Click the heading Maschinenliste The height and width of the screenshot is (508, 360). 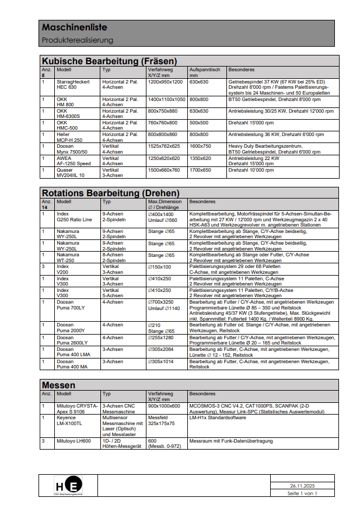(74, 27)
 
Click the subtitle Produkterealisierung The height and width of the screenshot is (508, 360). (77, 40)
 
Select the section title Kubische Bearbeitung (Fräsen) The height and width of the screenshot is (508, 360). (109, 61)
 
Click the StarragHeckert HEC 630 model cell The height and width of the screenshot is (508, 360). (73, 85)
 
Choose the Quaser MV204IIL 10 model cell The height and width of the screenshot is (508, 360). (71, 173)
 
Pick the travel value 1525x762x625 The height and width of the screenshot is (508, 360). (164, 146)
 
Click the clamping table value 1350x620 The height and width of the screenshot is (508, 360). (200, 158)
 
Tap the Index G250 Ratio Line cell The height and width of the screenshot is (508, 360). (74, 217)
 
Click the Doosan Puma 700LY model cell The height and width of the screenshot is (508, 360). (71, 305)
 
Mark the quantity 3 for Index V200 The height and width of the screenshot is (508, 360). (43, 266)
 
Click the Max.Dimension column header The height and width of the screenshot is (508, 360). (165, 204)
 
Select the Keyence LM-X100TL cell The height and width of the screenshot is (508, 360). (69, 421)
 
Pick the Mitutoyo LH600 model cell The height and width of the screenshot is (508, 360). (74, 441)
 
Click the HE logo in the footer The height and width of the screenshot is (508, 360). (68, 486)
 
